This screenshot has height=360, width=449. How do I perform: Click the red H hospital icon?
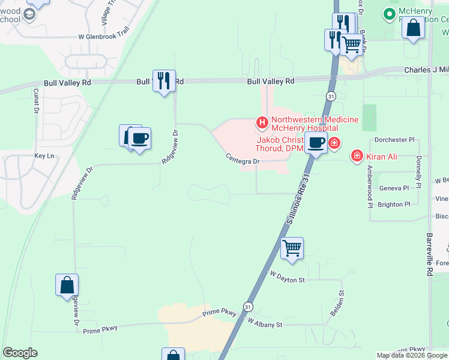[262, 122]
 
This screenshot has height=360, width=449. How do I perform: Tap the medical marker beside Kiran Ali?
[357, 156]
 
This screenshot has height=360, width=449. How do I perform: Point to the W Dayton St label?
[288, 278]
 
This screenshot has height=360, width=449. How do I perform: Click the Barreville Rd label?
[430, 254]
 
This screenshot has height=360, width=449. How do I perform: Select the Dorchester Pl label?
[394, 140]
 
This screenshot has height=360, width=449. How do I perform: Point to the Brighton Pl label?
[394, 205]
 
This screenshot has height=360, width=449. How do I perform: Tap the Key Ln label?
[44, 156]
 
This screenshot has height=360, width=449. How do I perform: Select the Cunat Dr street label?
[36, 102]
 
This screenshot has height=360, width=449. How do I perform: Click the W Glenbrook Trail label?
[104, 36]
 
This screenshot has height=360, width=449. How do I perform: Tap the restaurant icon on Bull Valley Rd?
[163, 80]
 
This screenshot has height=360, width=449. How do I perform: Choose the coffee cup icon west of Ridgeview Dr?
[139, 139]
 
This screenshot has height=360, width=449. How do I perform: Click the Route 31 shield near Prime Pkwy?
[248, 306]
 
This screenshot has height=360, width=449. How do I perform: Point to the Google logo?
[20, 353]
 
